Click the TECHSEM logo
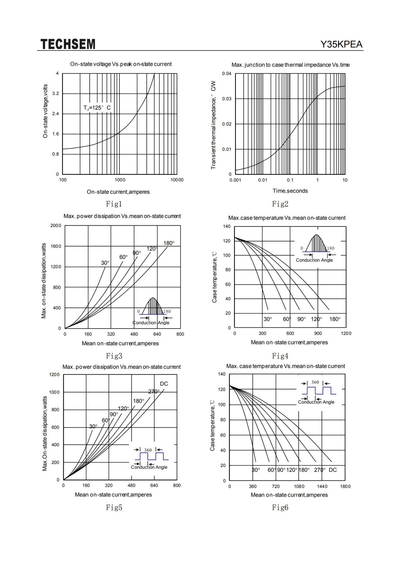tap(68, 44)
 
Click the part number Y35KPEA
tap(341, 44)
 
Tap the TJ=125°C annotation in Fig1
tap(97, 108)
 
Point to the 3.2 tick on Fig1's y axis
tap(56, 94)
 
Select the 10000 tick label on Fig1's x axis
tap(177, 180)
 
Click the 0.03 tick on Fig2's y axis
tap(227, 99)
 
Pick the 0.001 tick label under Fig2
tap(235, 180)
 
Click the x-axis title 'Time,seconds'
tap(290, 191)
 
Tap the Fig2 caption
tap(280, 204)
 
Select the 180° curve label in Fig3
tap(169, 243)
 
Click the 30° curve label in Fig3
tap(105, 263)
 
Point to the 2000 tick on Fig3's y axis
tap(56, 226)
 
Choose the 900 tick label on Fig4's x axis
tap(318, 333)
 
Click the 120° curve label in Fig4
tap(316, 319)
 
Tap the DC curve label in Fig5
tap(164, 384)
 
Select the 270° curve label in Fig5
tap(154, 392)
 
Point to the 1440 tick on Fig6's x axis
tap(322, 486)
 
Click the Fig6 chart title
tap(286, 366)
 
